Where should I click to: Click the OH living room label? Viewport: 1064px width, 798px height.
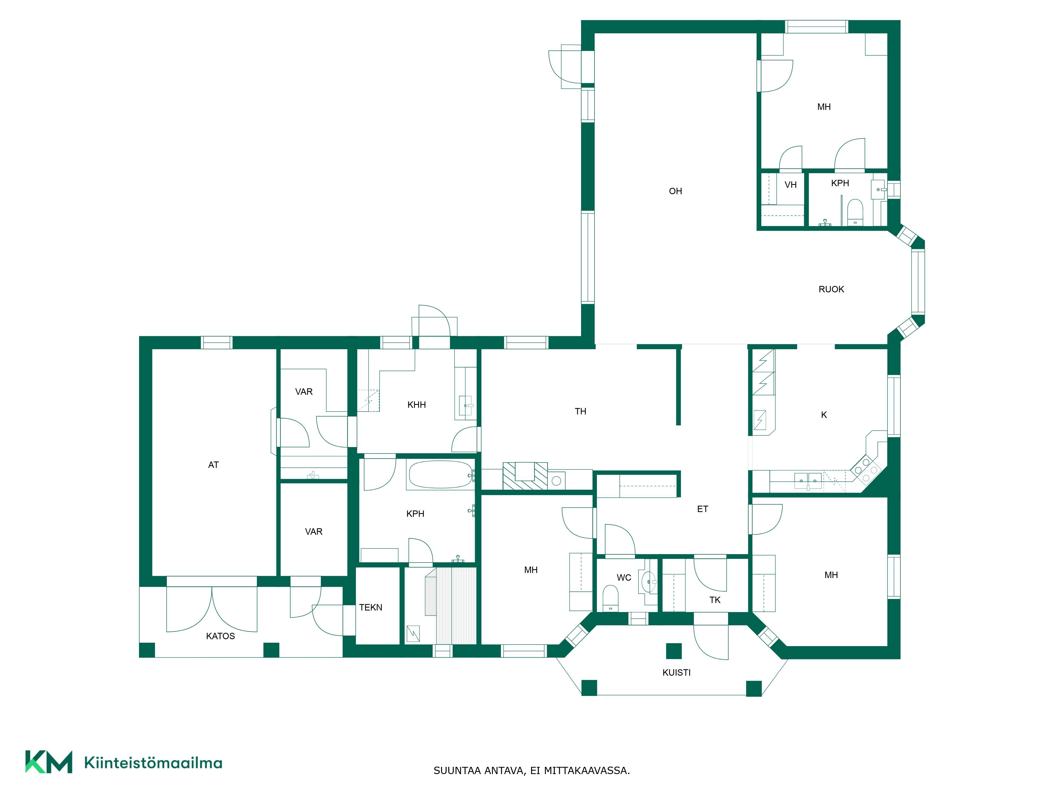675,191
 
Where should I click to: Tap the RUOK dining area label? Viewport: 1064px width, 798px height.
831,289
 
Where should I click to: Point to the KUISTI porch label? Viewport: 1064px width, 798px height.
676,672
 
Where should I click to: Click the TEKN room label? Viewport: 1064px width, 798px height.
370,608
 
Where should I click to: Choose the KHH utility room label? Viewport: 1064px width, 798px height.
417,405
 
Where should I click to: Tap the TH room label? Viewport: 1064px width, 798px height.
581,411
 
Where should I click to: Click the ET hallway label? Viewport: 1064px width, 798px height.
702,509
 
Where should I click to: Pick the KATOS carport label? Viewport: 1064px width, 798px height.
220,636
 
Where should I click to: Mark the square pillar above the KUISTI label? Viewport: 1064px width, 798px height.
674,651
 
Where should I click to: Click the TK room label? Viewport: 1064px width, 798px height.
715,600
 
